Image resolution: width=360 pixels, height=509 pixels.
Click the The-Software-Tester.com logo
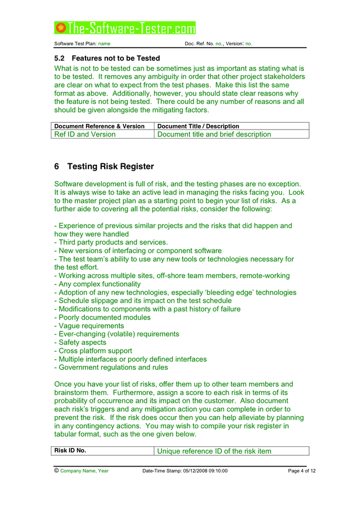pos(125,28)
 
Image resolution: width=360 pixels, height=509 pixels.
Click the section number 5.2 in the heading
pos(59,58)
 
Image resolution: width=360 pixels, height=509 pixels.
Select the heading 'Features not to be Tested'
pos(115,58)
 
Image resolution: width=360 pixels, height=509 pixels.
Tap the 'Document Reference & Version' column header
pos(99,126)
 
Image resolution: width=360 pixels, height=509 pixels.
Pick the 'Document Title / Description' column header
pos(198,126)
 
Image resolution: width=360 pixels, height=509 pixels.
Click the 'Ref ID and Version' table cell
pos(85,135)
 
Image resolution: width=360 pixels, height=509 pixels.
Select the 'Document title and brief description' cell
pos(214,135)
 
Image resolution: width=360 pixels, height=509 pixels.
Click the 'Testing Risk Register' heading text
pos(110,167)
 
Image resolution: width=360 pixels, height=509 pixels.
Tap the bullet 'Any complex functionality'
pos(97,284)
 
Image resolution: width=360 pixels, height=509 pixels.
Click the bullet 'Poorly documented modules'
pos(102,318)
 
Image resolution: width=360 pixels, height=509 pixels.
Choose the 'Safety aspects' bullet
pos(80,343)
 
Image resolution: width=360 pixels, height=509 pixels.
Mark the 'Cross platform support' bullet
pos(95,351)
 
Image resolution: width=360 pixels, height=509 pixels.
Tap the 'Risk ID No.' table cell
pos(70,451)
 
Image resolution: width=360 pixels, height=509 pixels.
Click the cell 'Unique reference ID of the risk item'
pos(214,451)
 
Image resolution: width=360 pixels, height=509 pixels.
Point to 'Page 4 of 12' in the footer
pos(302,471)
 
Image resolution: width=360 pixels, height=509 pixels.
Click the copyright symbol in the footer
pos(57,471)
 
